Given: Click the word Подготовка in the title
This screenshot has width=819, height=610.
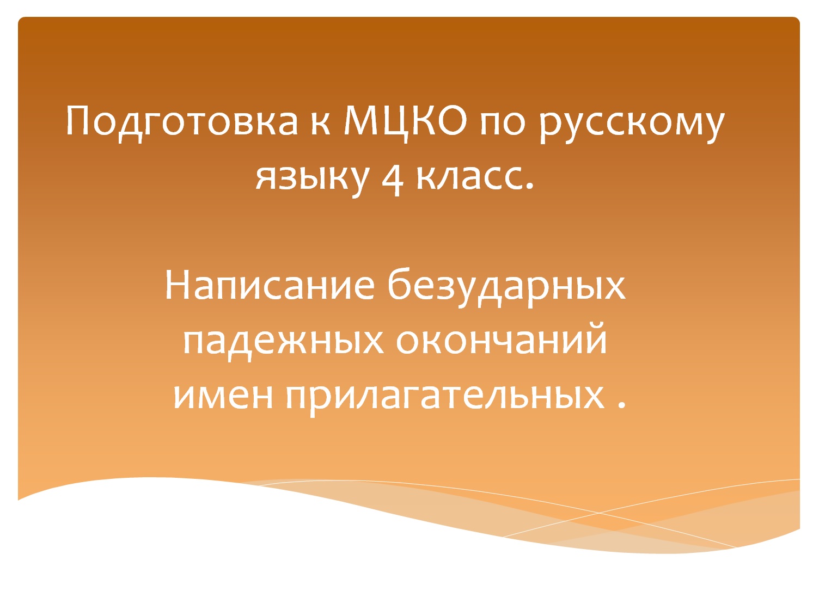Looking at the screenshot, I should point(182,121).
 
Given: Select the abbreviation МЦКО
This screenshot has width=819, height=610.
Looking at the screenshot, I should point(406,121).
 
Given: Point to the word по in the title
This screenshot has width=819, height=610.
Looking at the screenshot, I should point(503,124).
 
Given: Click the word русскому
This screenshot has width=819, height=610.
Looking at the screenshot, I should point(632,124).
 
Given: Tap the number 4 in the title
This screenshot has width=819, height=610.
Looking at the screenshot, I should point(392,178).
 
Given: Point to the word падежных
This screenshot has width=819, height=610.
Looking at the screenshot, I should point(283,341).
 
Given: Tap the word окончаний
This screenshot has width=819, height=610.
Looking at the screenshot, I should point(501,341).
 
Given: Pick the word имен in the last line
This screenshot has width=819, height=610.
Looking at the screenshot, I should point(223,396).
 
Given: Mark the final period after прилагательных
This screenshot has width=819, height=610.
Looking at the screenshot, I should point(622,405).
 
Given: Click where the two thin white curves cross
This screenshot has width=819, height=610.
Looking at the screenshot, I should point(599,513).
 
